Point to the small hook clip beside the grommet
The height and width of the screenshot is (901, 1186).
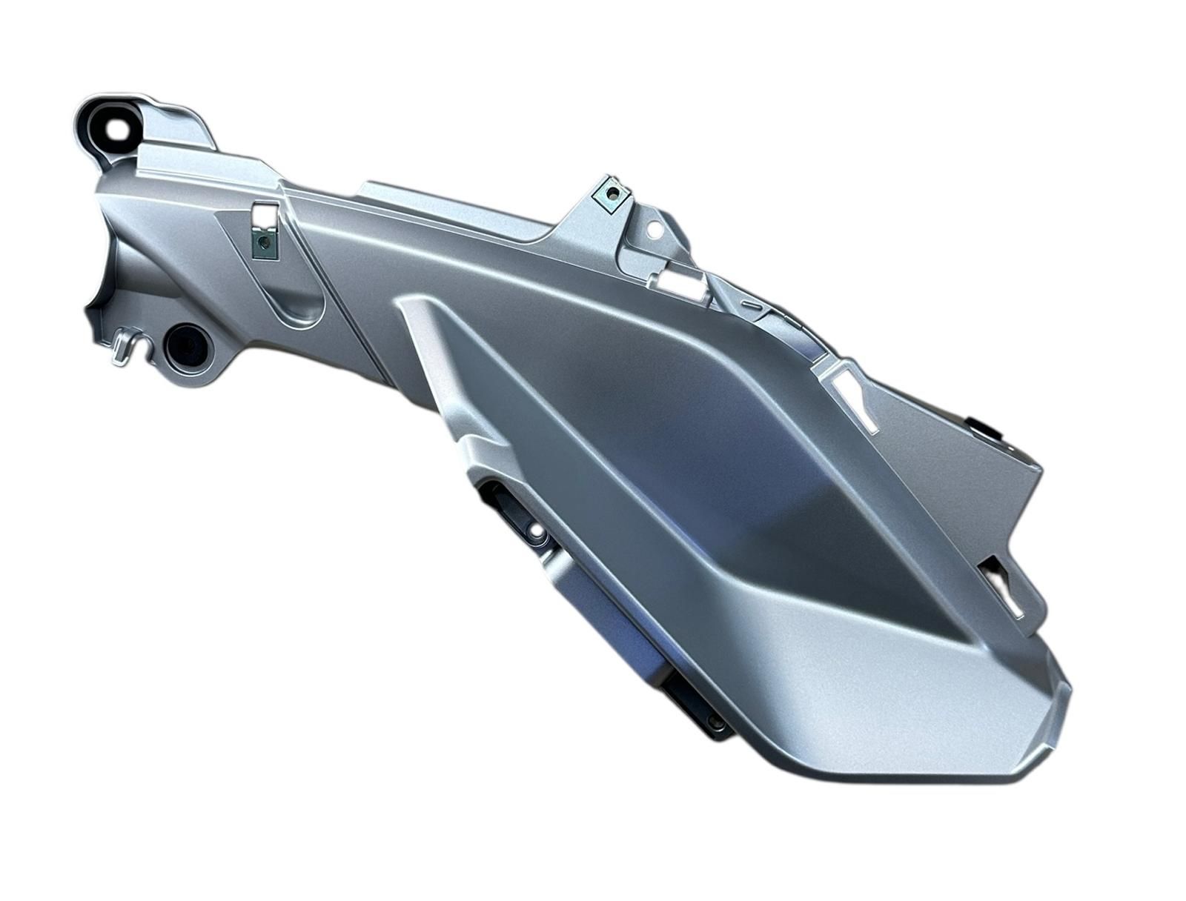[x=125, y=348]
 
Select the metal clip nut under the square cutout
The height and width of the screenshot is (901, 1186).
[x=262, y=245]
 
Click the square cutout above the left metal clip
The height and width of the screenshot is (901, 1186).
[x=263, y=214]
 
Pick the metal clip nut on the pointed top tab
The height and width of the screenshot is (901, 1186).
[x=612, y=195]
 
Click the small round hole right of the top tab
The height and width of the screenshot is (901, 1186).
[x=655, y=230]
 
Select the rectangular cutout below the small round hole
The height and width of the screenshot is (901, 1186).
[x=679, y=279]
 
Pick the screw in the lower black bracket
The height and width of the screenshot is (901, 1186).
[x=713, y=720]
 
